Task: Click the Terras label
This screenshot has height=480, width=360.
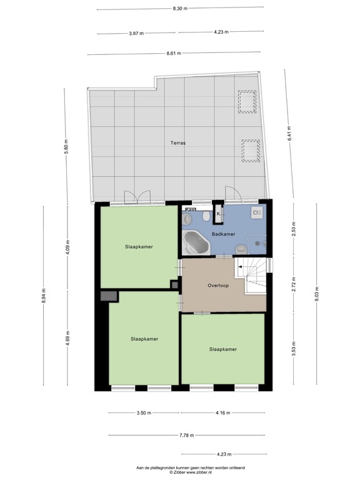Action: point(178,143)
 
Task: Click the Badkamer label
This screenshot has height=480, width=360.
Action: point(223,234)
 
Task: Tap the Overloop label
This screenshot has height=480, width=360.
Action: point(219,286)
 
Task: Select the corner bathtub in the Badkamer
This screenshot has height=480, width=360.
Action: point(196,242)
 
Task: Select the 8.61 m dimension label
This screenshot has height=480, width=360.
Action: point(174,54)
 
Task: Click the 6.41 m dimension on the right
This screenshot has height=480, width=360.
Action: point(289,133)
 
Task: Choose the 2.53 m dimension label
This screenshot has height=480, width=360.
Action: point(294,229)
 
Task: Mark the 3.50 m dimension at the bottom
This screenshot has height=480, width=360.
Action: point(144,413)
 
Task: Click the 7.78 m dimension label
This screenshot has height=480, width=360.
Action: point(186,435)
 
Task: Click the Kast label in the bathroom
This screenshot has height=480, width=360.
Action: point(189,210)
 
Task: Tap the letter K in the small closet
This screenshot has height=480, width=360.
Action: point(218,214)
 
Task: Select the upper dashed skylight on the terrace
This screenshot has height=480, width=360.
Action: point(246,102)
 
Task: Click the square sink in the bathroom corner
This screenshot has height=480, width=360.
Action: point(257,213)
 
